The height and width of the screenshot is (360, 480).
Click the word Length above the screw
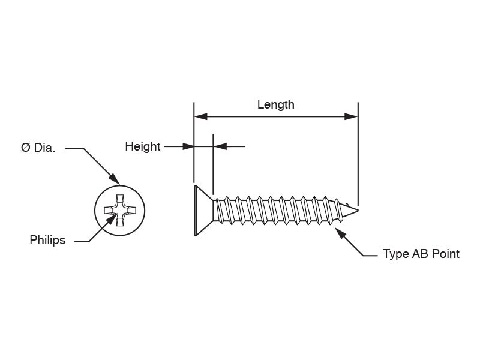coord(275,104)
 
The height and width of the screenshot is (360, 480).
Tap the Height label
coord(142,146)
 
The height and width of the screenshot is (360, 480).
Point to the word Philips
coord(47,241)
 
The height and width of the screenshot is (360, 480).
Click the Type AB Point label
coord(421,254)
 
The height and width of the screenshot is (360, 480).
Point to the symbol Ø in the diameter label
coord(25,148)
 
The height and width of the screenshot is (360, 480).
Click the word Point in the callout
coord(445,254)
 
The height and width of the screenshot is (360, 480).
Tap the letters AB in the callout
coord(419,254)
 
